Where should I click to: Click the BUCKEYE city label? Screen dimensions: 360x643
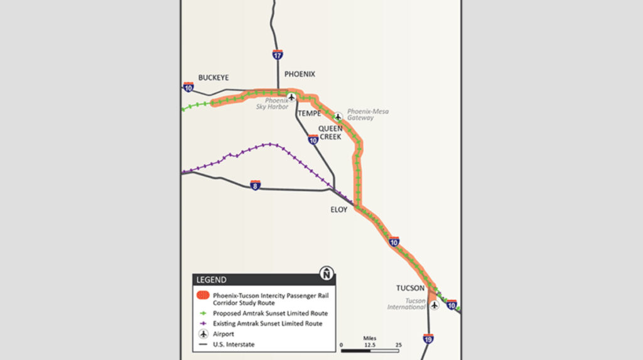tap(213, 77)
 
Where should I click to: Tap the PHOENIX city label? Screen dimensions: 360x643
tap(300, 74)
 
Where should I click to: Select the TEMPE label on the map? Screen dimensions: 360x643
tap(310, 114)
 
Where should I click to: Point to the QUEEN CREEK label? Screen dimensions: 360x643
tap(330, 133)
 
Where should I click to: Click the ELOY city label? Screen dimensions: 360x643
tap(338, 210)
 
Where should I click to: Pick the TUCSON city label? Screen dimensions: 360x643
tap(410, 288)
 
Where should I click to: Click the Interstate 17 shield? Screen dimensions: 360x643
tap(278, 55)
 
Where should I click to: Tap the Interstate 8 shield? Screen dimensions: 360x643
tap(255, 185)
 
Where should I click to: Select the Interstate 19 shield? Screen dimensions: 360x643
tap(428, 339)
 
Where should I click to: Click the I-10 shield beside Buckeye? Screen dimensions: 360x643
tap(188, 87)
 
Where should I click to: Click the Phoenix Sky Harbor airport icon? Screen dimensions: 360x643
tap(291, 98)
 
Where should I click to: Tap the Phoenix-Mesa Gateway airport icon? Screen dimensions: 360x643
tap(338, 116)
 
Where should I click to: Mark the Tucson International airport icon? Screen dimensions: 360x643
tap(434, 305)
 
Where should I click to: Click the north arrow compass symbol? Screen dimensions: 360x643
tap(327, 273)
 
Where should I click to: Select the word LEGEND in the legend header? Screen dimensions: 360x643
tap(212, 280)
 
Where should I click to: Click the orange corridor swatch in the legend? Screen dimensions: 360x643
tap(202, 295)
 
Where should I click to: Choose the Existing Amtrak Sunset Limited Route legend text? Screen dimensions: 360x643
tap(267, 324)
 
